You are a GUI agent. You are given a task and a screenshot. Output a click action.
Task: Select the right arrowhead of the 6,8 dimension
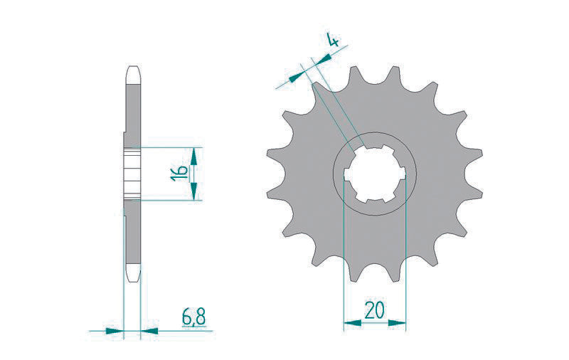pyautogui.click(x=149, y=331)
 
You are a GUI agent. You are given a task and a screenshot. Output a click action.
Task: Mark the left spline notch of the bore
pyautogui.click(x=346, y=174)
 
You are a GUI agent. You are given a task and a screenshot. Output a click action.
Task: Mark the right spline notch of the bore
pyautogui.click(x=403, y=174)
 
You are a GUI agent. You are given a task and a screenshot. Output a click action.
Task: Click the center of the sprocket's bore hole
pyautogui.click(x=374, y=174)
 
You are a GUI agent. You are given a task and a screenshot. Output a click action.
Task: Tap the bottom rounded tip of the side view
pyautogui.click(x=133, y=275)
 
